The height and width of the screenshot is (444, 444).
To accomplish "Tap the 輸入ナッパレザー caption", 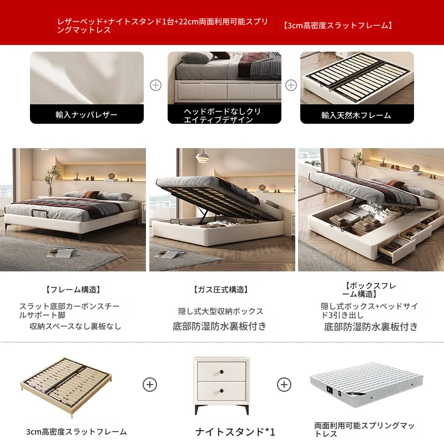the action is coord(87,115).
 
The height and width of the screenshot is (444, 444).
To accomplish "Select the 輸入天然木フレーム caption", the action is coord(356,115).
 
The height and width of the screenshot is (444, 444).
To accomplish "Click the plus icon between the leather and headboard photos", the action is coord(155,85).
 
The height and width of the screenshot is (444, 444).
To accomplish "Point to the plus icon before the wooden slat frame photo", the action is coord(291,85).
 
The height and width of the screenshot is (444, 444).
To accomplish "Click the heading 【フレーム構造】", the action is coord(73,289).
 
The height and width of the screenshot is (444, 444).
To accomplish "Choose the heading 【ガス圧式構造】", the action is coord(221,289).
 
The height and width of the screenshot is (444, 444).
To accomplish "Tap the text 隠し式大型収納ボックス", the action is coord(221,311).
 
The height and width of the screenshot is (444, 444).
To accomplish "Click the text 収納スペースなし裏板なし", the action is coord(75,326).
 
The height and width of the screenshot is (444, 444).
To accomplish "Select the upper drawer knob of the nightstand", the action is coord(221,371).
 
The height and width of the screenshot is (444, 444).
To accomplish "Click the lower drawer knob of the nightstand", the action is coord(221,391).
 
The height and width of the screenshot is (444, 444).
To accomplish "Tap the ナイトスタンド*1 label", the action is coord(235,432).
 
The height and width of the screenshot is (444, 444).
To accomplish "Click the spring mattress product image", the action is coord(366,385).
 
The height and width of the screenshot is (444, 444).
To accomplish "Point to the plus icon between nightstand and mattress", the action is coord(284,385).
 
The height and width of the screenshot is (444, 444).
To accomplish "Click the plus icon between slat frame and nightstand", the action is coord(150,385).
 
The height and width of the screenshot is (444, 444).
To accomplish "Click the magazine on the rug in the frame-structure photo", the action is coord(60,253).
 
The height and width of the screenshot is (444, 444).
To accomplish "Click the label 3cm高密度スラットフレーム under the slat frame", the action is coord(77,432).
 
